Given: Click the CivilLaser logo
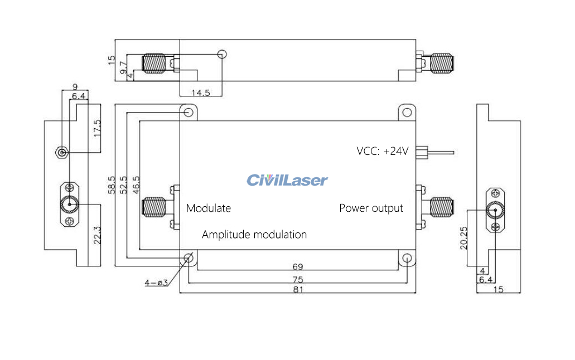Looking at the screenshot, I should (287, 180).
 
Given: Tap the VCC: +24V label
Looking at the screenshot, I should (382, 151).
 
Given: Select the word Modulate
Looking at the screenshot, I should (209, 208).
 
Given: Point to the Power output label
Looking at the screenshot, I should (371, 208).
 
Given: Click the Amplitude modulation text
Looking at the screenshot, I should (254, 235).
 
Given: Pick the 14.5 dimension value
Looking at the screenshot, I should (200, 93).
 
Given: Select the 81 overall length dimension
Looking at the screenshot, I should (298, 290).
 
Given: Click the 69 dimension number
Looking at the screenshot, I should (298, 266).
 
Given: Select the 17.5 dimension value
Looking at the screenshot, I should (97, 129).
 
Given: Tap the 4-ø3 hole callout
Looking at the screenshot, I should (156, 283).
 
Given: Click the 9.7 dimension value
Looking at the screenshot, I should (124, 66).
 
